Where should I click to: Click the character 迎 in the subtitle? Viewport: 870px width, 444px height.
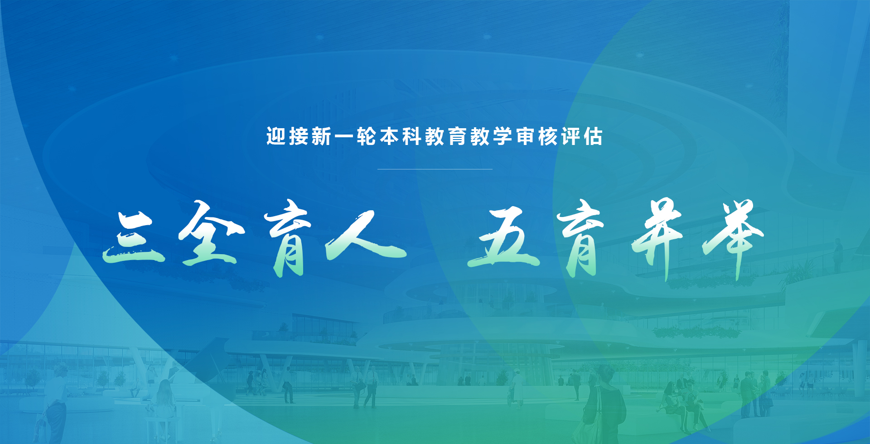(276, 136)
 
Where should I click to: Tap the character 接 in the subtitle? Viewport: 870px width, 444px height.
(299, 136)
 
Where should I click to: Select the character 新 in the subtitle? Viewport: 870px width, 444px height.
(321, 136)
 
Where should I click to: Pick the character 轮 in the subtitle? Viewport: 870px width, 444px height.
(367, 136)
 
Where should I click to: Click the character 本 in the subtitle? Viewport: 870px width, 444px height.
(389, 136)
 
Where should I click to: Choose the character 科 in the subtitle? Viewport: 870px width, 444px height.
(412, 136)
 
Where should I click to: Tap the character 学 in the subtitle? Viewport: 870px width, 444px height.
(503, 136)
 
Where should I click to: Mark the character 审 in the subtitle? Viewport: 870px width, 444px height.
(525, 136)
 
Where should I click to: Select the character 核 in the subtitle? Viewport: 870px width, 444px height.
(548, 136)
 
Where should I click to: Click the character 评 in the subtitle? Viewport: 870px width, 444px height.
(570, 136)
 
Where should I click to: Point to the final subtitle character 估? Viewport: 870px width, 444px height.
(593, 136)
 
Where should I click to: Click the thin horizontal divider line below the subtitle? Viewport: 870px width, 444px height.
(435, 169)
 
